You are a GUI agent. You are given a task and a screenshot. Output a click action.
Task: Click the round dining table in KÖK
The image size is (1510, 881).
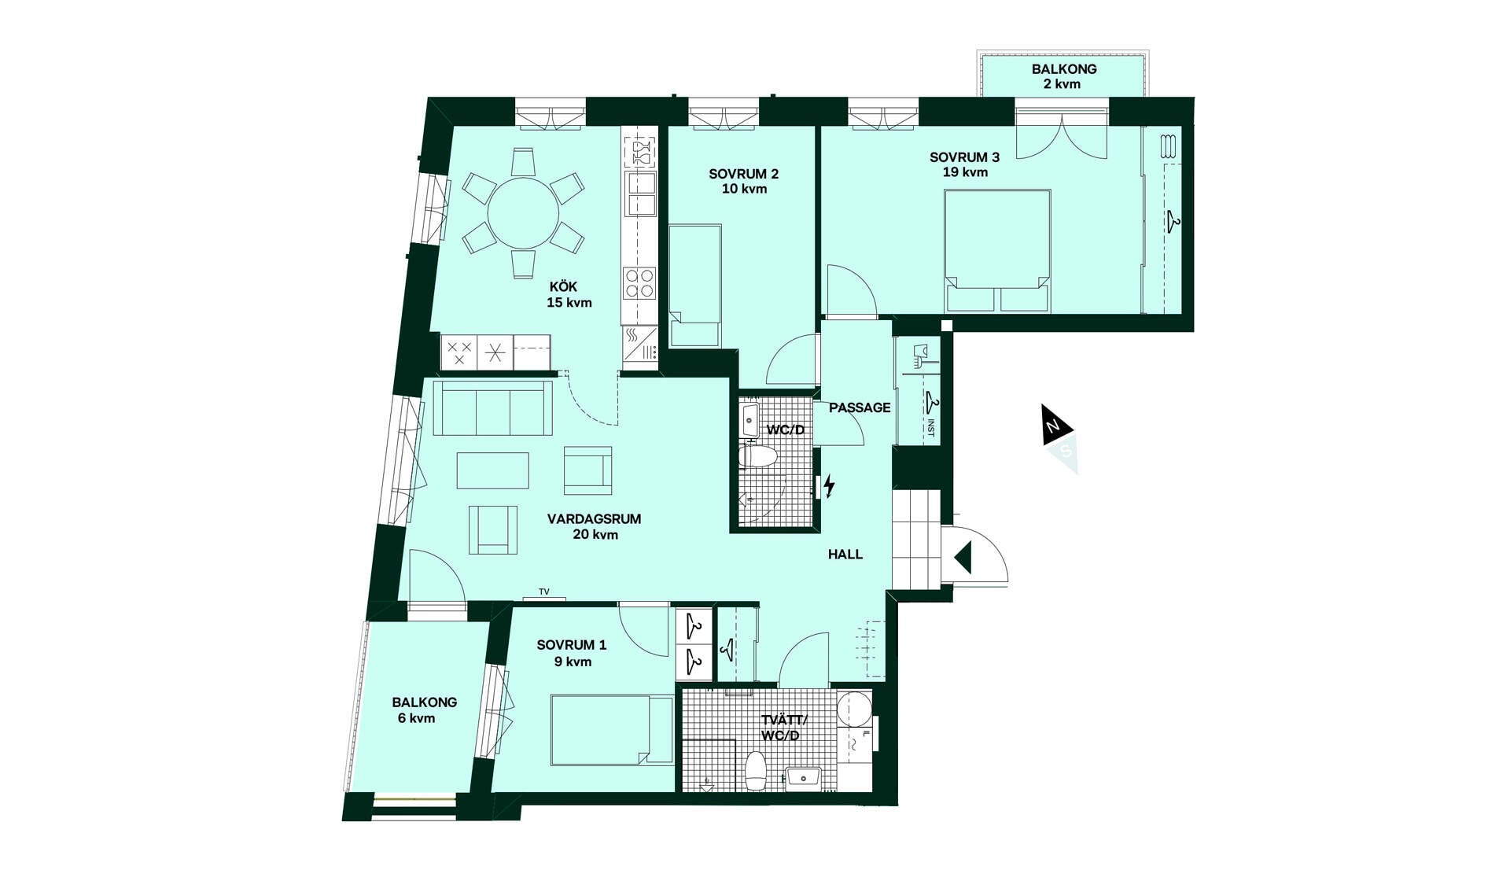coord(523,213)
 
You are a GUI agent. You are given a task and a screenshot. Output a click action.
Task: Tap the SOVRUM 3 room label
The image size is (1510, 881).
coord(965,164)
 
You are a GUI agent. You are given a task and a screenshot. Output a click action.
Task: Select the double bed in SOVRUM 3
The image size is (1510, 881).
coord(997,251)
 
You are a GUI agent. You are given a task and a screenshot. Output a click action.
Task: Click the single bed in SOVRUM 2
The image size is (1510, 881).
coord(694,286)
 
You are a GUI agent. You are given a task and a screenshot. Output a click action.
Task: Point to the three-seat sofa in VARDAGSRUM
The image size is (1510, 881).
coord(492,408)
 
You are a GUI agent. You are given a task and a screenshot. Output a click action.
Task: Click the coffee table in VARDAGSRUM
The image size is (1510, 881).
coord(492,470)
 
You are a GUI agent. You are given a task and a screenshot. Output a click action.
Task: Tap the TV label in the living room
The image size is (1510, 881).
coord(543,592)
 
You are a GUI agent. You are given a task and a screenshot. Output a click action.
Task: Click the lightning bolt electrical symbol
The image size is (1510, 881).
coord(828,486)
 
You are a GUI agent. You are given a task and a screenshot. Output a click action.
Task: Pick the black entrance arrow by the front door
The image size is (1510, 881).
coord(964,558)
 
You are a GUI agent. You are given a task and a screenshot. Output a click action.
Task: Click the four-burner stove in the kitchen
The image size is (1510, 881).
coord(639,283)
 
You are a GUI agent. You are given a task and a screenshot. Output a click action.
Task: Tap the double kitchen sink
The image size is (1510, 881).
coord(640,194)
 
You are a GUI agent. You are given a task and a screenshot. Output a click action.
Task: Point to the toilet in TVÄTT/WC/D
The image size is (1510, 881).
coord(756,771)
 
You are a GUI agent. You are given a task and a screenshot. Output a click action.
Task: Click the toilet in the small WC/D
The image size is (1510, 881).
coord(759,456)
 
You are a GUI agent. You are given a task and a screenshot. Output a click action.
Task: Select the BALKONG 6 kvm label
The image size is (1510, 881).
coord(424,710)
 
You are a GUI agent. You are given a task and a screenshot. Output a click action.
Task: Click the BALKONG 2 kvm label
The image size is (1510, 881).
coord(1063,76)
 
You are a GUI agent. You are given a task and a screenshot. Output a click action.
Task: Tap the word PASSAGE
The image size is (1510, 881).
coord(860,407)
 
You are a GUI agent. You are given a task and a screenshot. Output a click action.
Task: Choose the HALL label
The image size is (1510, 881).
coord(845,555)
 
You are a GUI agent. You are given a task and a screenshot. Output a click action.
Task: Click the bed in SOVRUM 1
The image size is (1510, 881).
coord(612,730)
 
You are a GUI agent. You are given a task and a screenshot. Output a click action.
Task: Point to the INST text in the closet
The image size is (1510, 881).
coord(931,428)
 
